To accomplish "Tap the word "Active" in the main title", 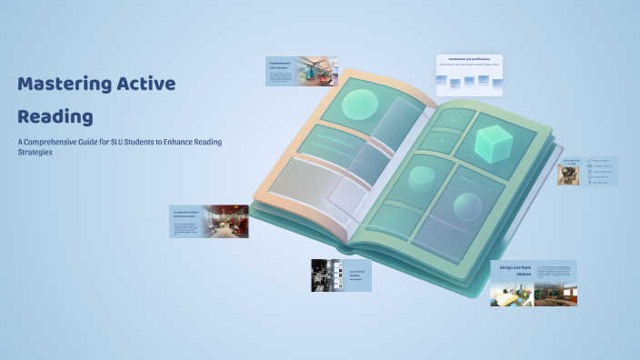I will point(145,85).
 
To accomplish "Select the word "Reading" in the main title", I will point(55,117).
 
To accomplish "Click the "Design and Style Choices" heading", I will point(515,272).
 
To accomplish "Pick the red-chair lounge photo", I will point(226,221).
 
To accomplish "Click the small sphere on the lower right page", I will point(467,206).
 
